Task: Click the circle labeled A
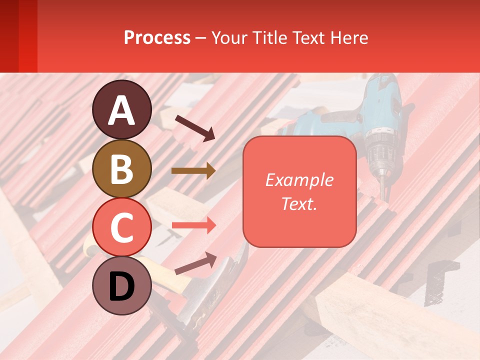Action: (x=121, y=109)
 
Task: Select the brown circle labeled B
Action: (x=121, y=168)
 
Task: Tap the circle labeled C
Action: (x=121, y=227)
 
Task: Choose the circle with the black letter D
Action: (x=121, y=285)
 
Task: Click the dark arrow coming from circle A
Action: (x=194, y=127)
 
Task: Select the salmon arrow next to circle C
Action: (x=193, y=225)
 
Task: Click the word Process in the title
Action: (x=157, y=38)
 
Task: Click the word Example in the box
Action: (x=299, y=180)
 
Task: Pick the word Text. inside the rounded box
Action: (x=299, y=203)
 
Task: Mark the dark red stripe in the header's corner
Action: (x=9, y=36)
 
